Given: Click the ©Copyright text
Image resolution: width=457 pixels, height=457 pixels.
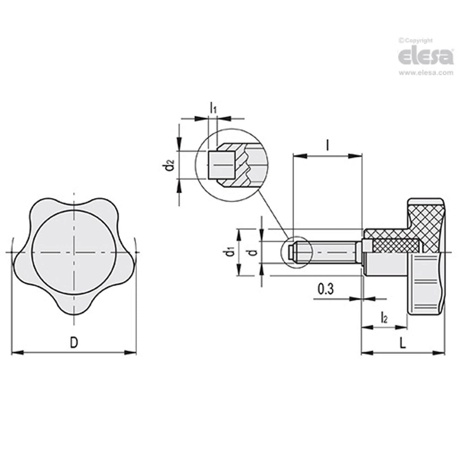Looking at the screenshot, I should click(416, 40).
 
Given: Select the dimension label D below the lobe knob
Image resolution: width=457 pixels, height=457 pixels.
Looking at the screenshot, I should click(75, 342).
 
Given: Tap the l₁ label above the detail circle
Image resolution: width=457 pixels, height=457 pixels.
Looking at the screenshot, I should click(213, 109).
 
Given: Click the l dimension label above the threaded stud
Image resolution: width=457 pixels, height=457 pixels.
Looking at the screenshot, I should click(327, 145).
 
